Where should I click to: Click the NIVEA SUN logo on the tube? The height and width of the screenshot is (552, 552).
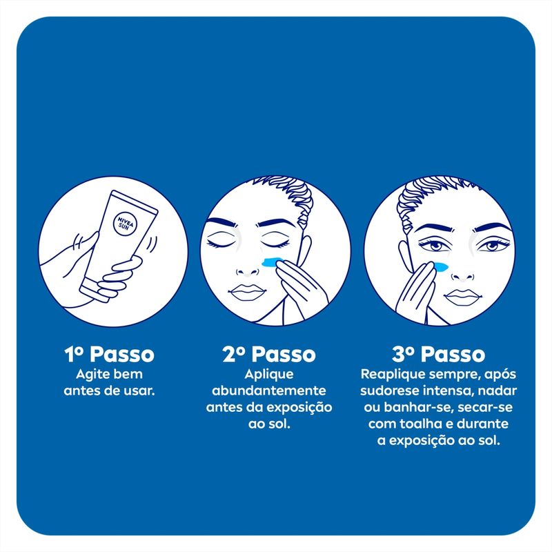[x=125, y=224]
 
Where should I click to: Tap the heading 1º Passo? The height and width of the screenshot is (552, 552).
[x=109, y=354]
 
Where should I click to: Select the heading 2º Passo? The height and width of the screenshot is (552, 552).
[x=269, y=354]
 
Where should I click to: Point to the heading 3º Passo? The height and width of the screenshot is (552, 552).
[x=438, y=354]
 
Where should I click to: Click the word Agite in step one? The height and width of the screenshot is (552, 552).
[x=90, y=375]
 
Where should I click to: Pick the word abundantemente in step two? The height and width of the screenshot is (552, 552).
[x=269, y=391]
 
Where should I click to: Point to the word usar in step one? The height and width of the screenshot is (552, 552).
[x=141, y=391]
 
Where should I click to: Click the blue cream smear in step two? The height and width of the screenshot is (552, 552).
[x=273, y=262]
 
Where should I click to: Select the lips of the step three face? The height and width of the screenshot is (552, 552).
[x=462, y=297]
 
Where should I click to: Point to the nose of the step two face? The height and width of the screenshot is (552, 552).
[x=247, y=271]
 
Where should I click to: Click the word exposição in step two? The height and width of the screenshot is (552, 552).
[x=299, y=407]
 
